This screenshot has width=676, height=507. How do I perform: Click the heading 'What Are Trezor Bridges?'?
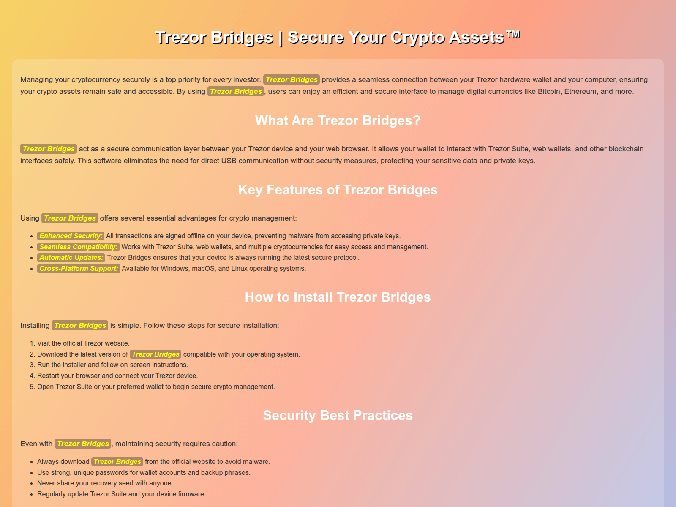click(338, 120)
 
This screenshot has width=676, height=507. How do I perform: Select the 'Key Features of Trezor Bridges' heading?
click(338, 190)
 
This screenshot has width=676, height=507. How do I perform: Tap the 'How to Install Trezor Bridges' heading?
click(338, 297)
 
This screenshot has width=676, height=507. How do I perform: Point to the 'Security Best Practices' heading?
click(338, 415)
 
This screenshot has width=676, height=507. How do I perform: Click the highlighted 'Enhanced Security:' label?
click(71, 236)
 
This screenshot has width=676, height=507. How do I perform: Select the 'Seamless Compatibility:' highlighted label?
click(78, 247)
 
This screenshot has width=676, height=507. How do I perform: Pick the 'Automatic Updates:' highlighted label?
click(71, 257)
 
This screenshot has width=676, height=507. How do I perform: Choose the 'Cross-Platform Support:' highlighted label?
click(79, 268)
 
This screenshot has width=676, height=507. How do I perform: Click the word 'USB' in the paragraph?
click(229, 161)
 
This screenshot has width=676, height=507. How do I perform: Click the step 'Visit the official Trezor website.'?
click(83, 343)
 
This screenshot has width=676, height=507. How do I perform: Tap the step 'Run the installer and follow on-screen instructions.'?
click(112, 365)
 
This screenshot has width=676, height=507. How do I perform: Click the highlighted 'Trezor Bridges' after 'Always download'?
click(117, 461)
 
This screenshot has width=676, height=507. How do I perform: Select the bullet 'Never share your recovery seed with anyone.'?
click(105, 483)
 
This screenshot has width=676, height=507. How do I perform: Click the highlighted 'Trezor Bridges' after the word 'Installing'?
click(80, 325)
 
